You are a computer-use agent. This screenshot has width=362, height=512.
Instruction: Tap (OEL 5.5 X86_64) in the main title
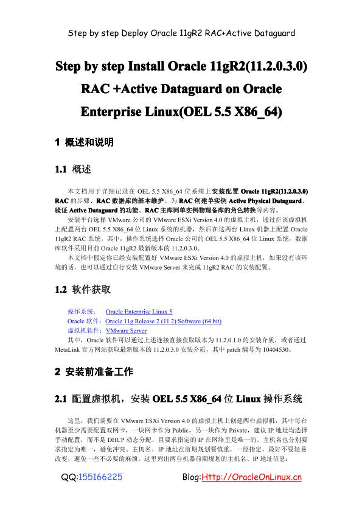pyautogui.click(x=229, y=113)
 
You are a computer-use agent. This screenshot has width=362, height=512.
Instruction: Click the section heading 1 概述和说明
pyautogui.click(x=85, y=142)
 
